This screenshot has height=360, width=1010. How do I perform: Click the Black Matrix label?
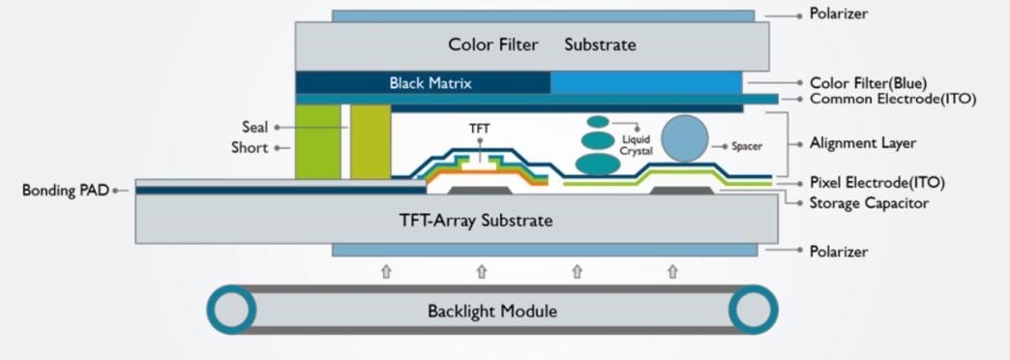[x=431, y=83]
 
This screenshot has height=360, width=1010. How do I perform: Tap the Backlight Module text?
[x=492, y=312]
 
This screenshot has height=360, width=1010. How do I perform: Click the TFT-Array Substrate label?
[x=476, y=221]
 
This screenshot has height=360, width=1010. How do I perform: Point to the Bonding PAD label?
[x=65, y=190]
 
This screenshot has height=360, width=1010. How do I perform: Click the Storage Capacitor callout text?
[x=869, y=203]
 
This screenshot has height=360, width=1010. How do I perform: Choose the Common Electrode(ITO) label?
[x=892, y=99]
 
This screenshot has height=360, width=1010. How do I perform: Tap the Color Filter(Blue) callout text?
[x=873, y=83]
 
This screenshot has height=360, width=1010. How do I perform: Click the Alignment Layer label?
[x=863, y=143]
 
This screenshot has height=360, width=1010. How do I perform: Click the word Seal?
[x=254, y=127]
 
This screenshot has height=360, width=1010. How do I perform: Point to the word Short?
[x=250, y=148]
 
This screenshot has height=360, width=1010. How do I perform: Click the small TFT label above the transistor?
[x=480, y=128]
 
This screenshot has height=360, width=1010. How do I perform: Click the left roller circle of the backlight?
[x=231, y=311]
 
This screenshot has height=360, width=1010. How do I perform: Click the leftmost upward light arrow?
[x=386, y=272]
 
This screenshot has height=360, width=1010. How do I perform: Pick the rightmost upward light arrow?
[x=672, y=272]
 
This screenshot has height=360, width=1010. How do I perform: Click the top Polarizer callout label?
[x=839, y=15]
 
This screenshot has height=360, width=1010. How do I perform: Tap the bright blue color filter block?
[x=645, y=83]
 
